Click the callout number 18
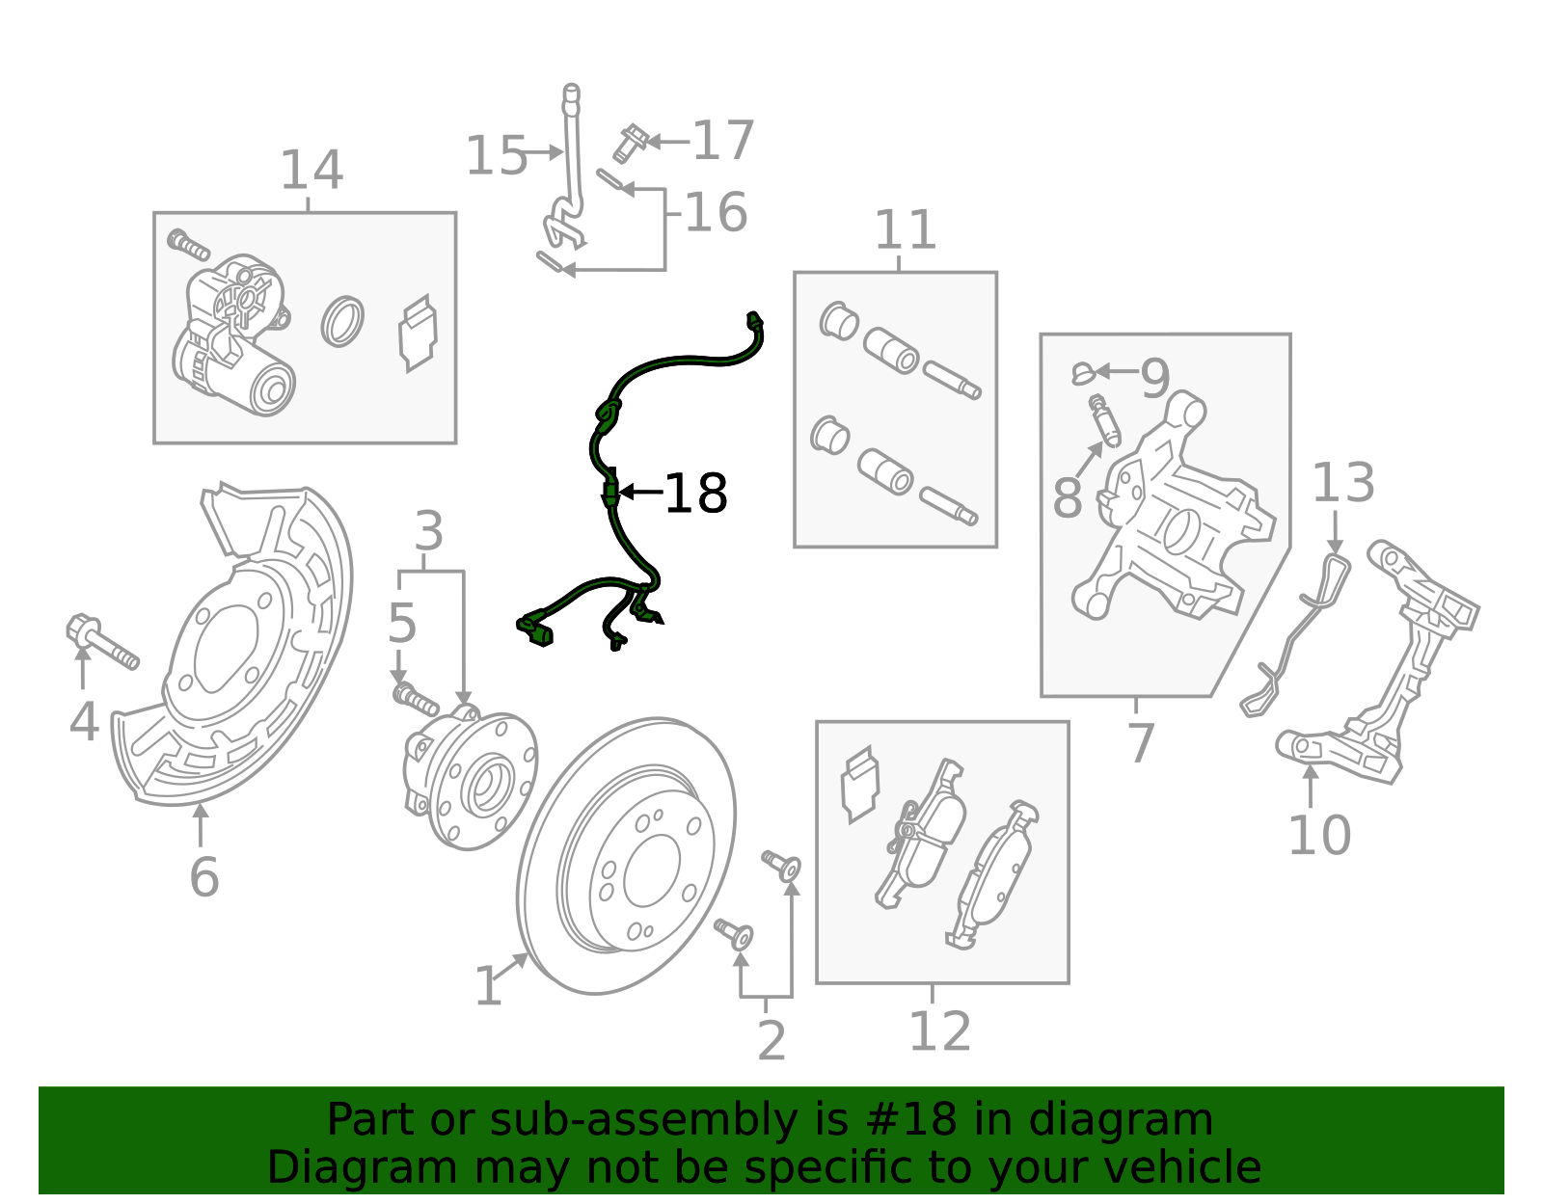click(695, 494)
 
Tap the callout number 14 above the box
click(311, 171)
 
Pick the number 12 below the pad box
click(939, 1031)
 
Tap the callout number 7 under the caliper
click(1140, 743)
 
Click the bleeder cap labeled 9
click(1082, 372)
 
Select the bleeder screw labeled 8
click(1105, 420)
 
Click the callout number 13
click(1342, 482)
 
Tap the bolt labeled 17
click(629, 143)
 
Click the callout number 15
click(496, 155)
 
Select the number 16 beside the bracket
click(716, 212)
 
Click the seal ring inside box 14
click(342, 322)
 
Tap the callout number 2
click(771, 1041)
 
